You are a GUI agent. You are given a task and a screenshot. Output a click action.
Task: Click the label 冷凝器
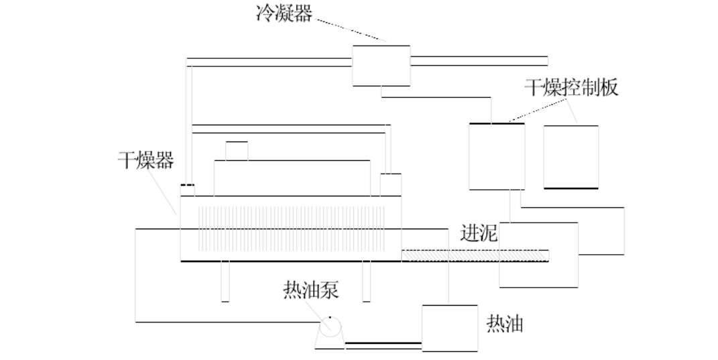pyautogui.click(x=284, y=13)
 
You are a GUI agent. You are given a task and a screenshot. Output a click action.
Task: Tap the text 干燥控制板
pyautogui.click(x=571, y=87)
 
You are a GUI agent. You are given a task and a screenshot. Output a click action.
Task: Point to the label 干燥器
pyautogui.click(x=146, y=160)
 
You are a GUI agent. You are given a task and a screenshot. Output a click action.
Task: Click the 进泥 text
pyautogui.click(x=479, y=233)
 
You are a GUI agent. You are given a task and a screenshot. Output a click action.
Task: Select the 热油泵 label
pyautogui.click(x=311, y=290)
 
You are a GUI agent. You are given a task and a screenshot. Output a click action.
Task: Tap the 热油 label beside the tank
pyautogui.click(x=505, y=324)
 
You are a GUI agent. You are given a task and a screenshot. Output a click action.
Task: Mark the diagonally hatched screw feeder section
pyautogui.click(x=475, y=255)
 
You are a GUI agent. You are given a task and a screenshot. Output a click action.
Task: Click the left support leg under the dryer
pyautogui.click(x=225, y=282)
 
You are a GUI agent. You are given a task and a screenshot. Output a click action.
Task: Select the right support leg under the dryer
pyautogui.click(x=366, y=282)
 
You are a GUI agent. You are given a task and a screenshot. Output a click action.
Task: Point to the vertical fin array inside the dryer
pyautogui.click(x=291, y=229)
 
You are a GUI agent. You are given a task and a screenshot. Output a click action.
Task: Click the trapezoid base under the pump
pyautogui.click(x=330, y=343)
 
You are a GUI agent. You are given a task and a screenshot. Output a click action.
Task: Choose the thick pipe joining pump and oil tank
pyautogui.click(x=383, y=343)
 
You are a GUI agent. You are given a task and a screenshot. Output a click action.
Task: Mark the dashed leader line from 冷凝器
pyautogui.click(x=351, y=30)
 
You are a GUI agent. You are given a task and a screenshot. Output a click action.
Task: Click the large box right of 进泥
pyautogui.click(x=538, y=255)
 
